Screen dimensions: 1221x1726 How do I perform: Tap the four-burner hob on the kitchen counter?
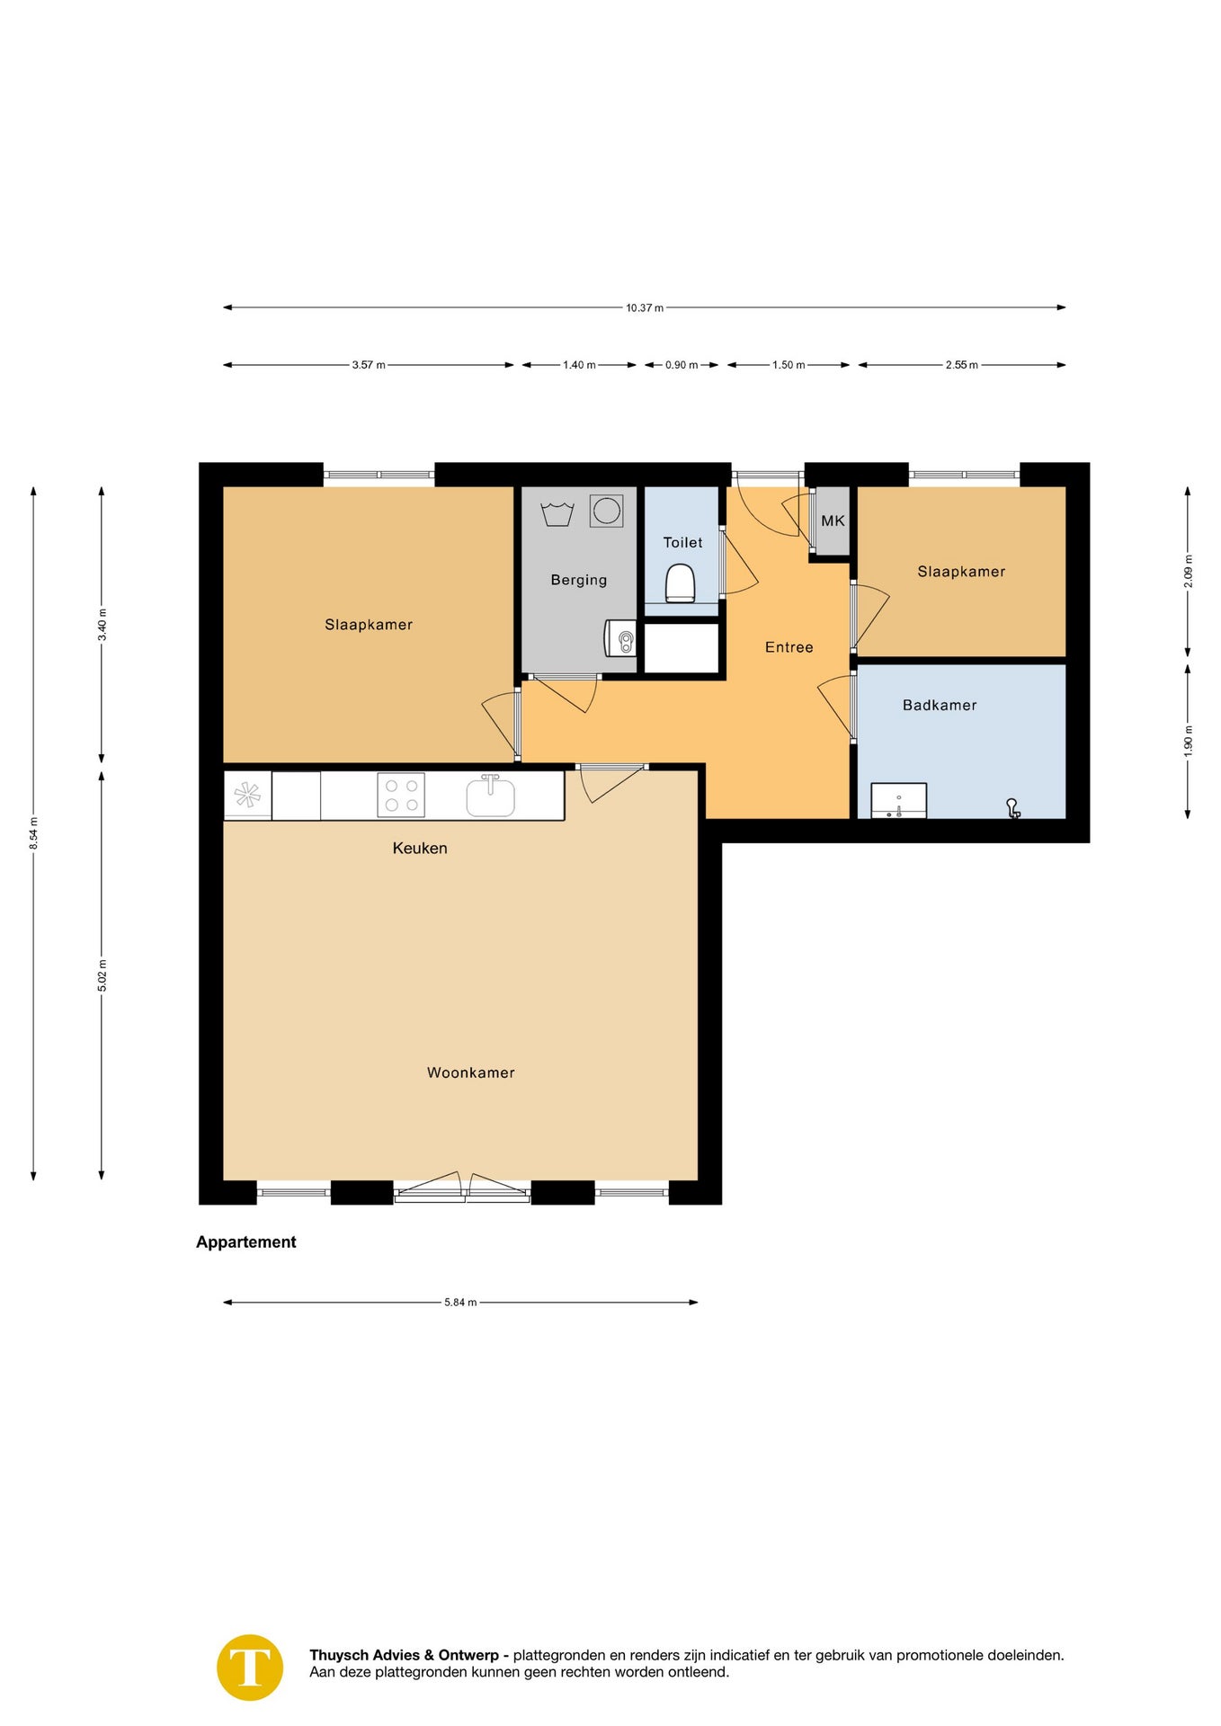(x=401, y=795)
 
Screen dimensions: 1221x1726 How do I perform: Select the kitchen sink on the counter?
(x=490, y=796)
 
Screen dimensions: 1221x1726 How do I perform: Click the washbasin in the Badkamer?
(x=898, y=800)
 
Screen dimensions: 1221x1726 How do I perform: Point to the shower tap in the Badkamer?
(x=1012, y=808)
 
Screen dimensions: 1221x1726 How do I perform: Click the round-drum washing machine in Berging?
(x=607, y=511)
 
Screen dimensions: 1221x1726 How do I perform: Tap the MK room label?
(x=833, y=520)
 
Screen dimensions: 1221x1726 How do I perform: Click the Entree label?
(x=789, y=647)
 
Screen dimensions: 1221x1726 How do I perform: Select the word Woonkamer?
(x=470, y=1072)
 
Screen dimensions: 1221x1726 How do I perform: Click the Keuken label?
(x=420, y=848)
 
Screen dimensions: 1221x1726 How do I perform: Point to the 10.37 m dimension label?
(x=645, y=307)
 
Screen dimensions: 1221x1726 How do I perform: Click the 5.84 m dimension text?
(x=460, y=1302)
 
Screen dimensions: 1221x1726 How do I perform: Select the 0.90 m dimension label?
(x=682, y=365)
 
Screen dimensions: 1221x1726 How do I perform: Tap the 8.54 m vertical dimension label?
(x=33, y=832)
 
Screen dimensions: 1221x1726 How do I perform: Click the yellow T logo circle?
(x=250, y=1668)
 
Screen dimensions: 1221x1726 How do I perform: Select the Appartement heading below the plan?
(x=245, y=1241)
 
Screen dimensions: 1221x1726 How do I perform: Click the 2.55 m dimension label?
(x=961, y=365)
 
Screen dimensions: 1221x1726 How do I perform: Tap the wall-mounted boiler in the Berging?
(x=620, y=638)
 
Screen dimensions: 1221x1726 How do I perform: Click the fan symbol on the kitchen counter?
(x=247, y=795)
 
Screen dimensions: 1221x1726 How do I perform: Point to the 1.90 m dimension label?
(x=1188, y=741)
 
